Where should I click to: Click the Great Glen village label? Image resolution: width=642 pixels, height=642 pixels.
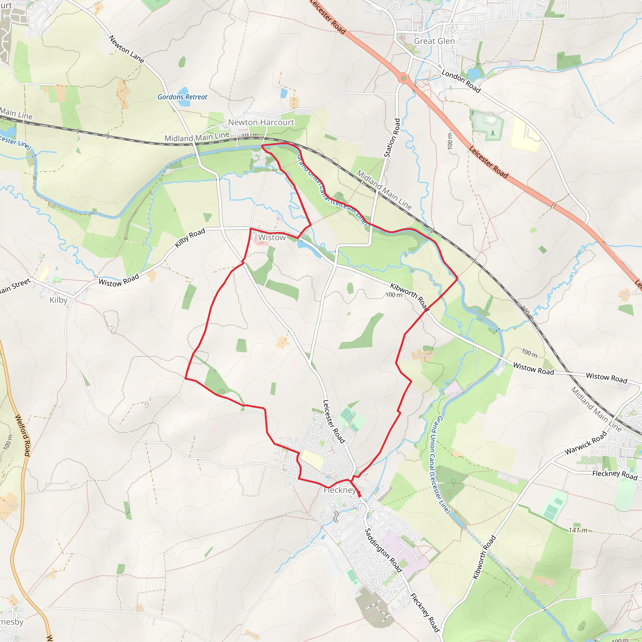(434, 41)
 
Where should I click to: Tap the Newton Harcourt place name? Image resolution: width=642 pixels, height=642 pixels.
(261, 122)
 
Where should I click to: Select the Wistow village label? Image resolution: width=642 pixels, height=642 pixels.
(272, 238)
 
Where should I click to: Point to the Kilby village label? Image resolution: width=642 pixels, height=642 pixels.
(59, 300)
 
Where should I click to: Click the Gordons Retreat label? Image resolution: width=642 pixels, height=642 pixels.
(182, 97)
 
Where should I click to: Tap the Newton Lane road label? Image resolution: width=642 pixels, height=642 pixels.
(127, 49)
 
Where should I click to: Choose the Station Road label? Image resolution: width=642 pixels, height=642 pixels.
(392, 138)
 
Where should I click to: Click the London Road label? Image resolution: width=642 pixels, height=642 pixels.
(461, 81)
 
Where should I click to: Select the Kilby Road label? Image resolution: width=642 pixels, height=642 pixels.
(190, 238)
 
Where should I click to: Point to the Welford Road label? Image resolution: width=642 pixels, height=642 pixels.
(23, 435)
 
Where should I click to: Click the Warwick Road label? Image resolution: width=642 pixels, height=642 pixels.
(586, 443)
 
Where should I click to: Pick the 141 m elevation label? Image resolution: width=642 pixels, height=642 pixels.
(578, 530)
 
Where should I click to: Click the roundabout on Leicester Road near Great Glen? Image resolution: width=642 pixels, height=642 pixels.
(403, 78)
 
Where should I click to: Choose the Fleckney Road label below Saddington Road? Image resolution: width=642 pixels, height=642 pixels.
(425, 613)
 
